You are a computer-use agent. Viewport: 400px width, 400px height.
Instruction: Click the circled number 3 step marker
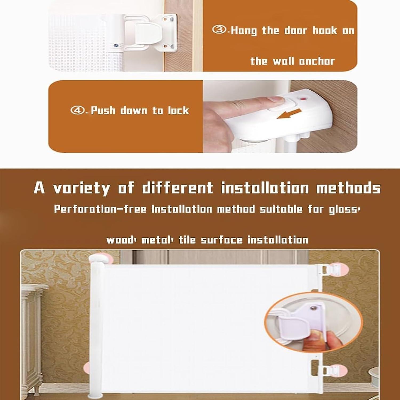[x=219, y=30]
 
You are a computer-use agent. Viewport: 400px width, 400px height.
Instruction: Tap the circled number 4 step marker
[x=77, y=110]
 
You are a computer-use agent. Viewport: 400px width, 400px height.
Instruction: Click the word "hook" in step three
[x=325, y=30]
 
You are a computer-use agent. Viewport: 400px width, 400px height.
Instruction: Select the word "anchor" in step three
[x=317, y=61]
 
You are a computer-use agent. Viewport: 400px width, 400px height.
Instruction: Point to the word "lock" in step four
[x=178, y=110]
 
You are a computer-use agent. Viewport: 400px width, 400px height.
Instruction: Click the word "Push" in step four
[x=103, y=110]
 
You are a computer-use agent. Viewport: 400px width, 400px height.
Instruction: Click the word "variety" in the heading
[x=81, y=188]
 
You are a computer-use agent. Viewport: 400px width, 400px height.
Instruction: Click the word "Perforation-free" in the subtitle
[x=100, y=209]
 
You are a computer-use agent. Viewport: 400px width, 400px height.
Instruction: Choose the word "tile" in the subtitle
[x=187, y=240]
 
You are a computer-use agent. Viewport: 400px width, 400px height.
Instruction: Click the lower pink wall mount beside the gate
[x=338, y=371]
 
